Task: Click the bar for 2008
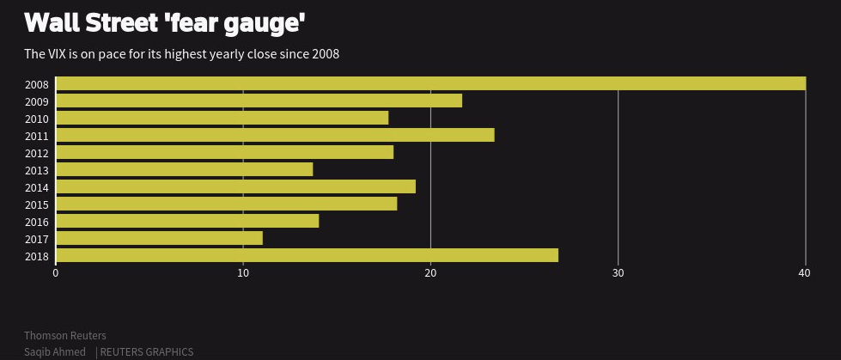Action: click(x=430, y=83)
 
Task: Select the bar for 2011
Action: click(x=275, y=135)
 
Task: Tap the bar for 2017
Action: click(x=159, y=238)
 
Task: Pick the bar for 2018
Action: click(x=307, y=255)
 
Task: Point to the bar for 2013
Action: click(x=184, y=169)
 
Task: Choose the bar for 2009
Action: click(x=259, y=101)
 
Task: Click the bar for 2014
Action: click(x=235, y=186)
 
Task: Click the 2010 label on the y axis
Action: click(x=37, y=119)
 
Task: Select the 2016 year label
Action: click(x=37, y=223)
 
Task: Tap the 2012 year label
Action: click(x=37, y=154)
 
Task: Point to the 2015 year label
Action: click(x=37, y=205)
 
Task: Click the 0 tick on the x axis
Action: click(x=56, y=273)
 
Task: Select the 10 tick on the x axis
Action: click(x=243, y=273)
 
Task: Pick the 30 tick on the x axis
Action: click(x=618, y=273)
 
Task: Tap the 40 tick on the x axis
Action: click(x=805, y=273)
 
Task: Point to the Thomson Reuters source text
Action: click(x=65, y=335)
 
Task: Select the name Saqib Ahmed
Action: click(x=55, y=352)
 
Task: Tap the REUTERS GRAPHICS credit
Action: click(x=147, y=352)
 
